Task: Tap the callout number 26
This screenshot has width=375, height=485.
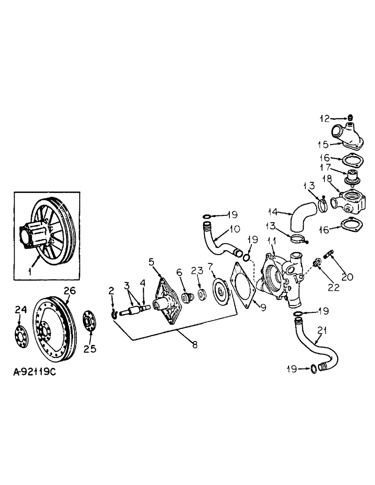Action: [70, 291]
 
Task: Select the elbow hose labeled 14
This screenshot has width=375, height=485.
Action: [297, 222]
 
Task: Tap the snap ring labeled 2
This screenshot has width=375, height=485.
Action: [113, 316]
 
